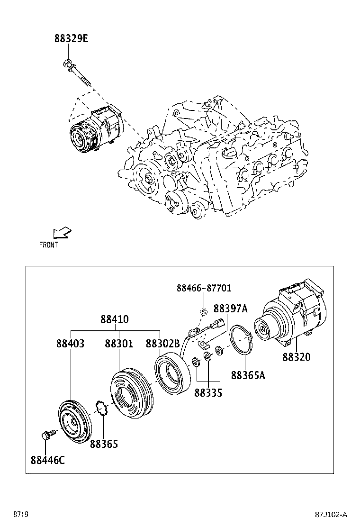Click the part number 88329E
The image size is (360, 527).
click(71, 39)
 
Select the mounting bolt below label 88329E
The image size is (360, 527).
click(78, 73)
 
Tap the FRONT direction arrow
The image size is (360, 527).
click(62, 232)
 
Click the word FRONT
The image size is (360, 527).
click(48, 245)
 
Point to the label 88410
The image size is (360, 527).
click(114, 319)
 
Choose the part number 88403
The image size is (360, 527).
click(70, 344)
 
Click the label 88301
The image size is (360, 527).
click(119, 344)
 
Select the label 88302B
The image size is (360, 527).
click(162, 344)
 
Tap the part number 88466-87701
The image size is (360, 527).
click(204, 288)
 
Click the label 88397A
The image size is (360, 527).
click(231, 309)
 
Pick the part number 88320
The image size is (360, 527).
click(297, 357)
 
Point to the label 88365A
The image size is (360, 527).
click(248, 375)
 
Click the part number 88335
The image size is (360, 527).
click(208, 393)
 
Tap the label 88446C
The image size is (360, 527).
click(47, 459)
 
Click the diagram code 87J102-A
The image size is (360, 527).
click(331, 514)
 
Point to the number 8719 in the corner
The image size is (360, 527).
click(20, 514)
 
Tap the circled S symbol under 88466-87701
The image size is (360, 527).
click(204, 311)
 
